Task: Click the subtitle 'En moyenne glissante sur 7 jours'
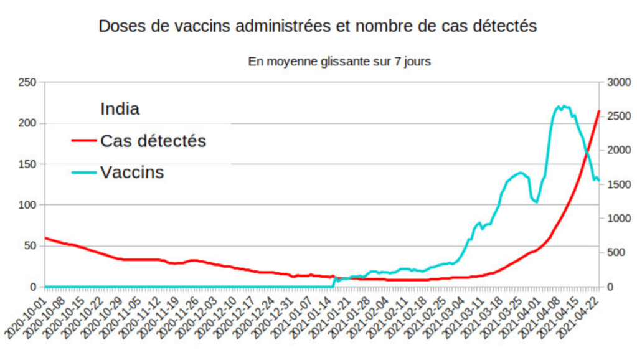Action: click(x=339, y=62)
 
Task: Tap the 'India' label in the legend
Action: click(x=120, y=109)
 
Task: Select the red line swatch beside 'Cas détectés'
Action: click(x=84, y=141)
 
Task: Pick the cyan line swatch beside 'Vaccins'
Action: click(x=84, y=173)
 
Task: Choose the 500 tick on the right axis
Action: click(x=612, y=252)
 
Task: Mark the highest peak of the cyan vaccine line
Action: click(x=563, y=106)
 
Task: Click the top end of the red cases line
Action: click(x=598, y=111)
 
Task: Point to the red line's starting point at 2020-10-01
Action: click(x=45, y=238)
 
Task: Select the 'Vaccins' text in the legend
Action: click(x=132, y=173)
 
